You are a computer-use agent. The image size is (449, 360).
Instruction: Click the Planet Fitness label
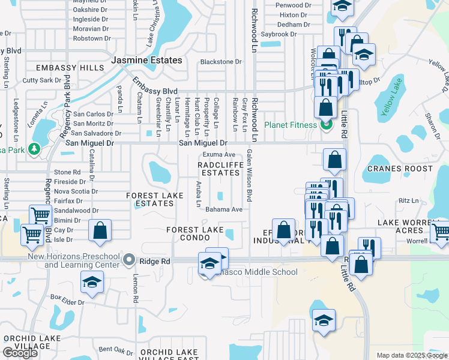291,125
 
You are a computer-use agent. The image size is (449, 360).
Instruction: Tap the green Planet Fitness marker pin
326,125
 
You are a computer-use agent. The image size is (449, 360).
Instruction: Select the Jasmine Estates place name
146,61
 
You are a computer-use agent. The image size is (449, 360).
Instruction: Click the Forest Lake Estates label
154,199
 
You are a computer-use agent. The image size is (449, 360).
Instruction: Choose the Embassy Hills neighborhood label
70,68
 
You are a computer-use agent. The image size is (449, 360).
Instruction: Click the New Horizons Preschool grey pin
128,260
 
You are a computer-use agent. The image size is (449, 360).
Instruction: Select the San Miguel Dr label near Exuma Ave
203,143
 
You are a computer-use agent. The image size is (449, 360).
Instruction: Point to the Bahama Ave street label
223,209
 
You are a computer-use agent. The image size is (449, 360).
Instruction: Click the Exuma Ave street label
218,155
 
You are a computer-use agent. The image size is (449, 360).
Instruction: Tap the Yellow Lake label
391,96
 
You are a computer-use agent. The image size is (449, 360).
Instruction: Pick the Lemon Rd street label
136,291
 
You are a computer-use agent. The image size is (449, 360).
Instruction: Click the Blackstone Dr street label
220,62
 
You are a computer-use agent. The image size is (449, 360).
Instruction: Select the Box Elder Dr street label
67,298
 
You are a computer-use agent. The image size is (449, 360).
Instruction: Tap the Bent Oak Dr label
115,349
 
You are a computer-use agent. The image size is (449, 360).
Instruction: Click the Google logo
20,353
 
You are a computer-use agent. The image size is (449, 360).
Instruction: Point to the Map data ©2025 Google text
411,355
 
